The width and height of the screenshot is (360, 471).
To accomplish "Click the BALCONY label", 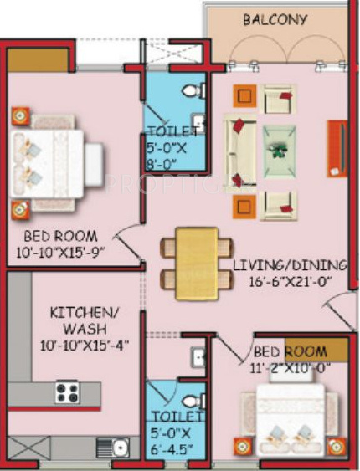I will (275, 19).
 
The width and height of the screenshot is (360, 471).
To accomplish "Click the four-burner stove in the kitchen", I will (66, 392).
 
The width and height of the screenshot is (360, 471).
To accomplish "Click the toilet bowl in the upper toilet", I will (193, 87).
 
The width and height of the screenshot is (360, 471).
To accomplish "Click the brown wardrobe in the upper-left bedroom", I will (39, 59).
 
